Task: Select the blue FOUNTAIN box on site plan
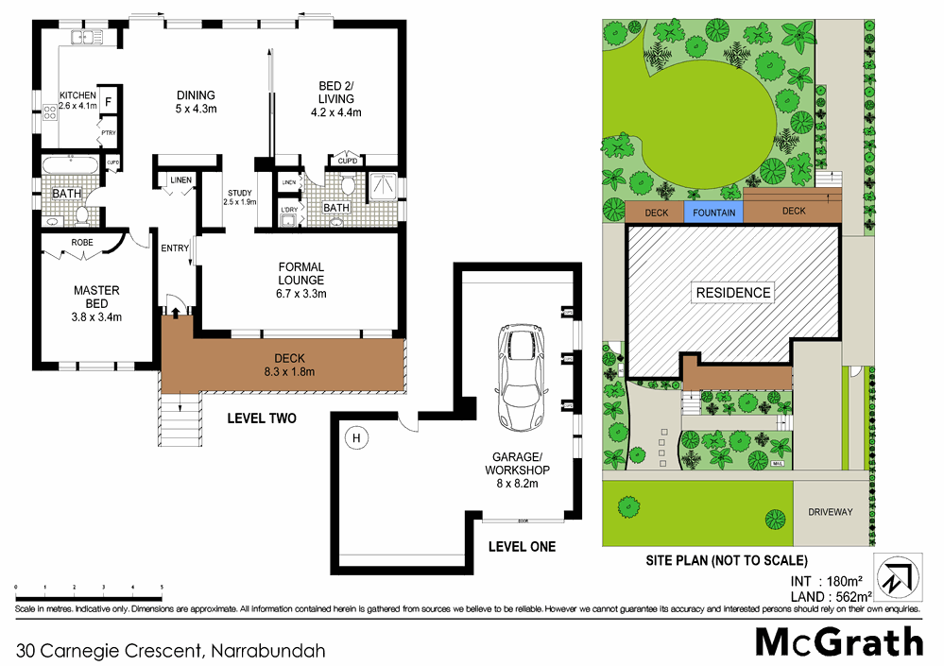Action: click(x=713, y=213)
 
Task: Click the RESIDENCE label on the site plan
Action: click(x=733, y=293)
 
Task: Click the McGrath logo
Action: click(x=838, y=641)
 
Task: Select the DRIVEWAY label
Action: click(x=830, y=512)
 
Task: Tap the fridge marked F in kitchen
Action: click(x=109, y=101)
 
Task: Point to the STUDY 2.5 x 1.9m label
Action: click(x=239, y=196)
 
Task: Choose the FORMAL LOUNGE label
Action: click(x=301, y=280)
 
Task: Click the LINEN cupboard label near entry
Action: click(x=181, y=179)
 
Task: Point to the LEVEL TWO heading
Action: click(x=262, y=418)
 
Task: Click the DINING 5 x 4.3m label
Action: click(x=197, y=102)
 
